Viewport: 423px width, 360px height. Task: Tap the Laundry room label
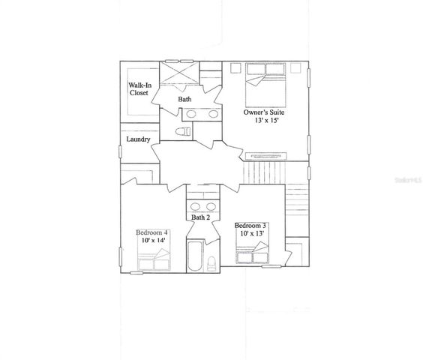point(139,139)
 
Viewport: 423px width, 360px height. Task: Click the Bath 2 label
point(199,217)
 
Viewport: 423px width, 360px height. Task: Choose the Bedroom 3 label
point(252,226)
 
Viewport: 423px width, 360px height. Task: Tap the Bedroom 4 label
point(151,233)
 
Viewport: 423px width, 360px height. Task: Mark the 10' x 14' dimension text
point(152,241)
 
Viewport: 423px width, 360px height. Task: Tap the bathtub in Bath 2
point(193,256)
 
